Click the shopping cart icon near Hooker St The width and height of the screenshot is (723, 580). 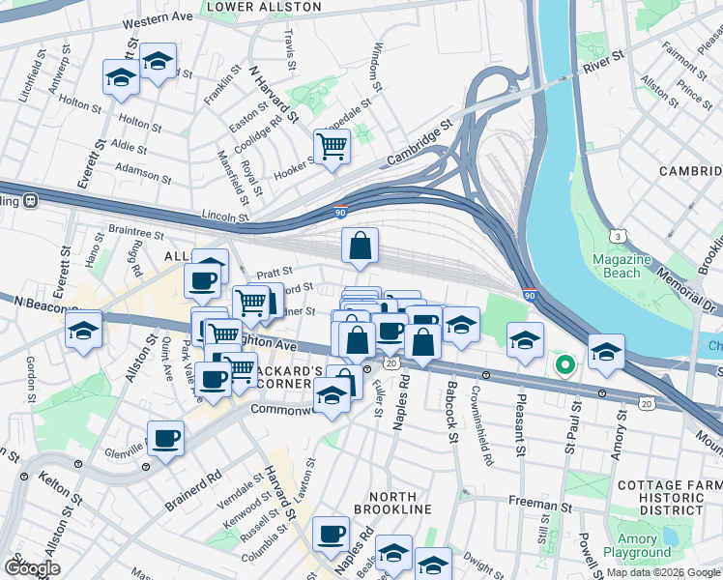click(x=332, y=147)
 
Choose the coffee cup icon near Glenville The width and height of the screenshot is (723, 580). click(x=166, y=439)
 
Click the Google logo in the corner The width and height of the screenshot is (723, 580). click(x=31, y=568)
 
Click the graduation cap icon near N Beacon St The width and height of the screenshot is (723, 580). click(x=84, y=330)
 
